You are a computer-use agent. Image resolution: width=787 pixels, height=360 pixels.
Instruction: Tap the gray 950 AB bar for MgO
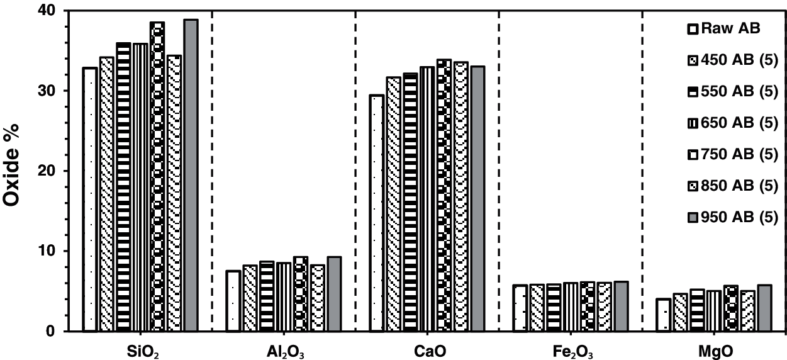tap(764, 308)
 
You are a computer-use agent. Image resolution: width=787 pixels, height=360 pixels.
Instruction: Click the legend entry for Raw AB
tap(731, 28)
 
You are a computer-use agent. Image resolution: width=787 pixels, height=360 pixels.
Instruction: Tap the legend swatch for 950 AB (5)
tap(692, 218)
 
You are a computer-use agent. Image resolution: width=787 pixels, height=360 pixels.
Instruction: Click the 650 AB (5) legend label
tap(740, 123)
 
